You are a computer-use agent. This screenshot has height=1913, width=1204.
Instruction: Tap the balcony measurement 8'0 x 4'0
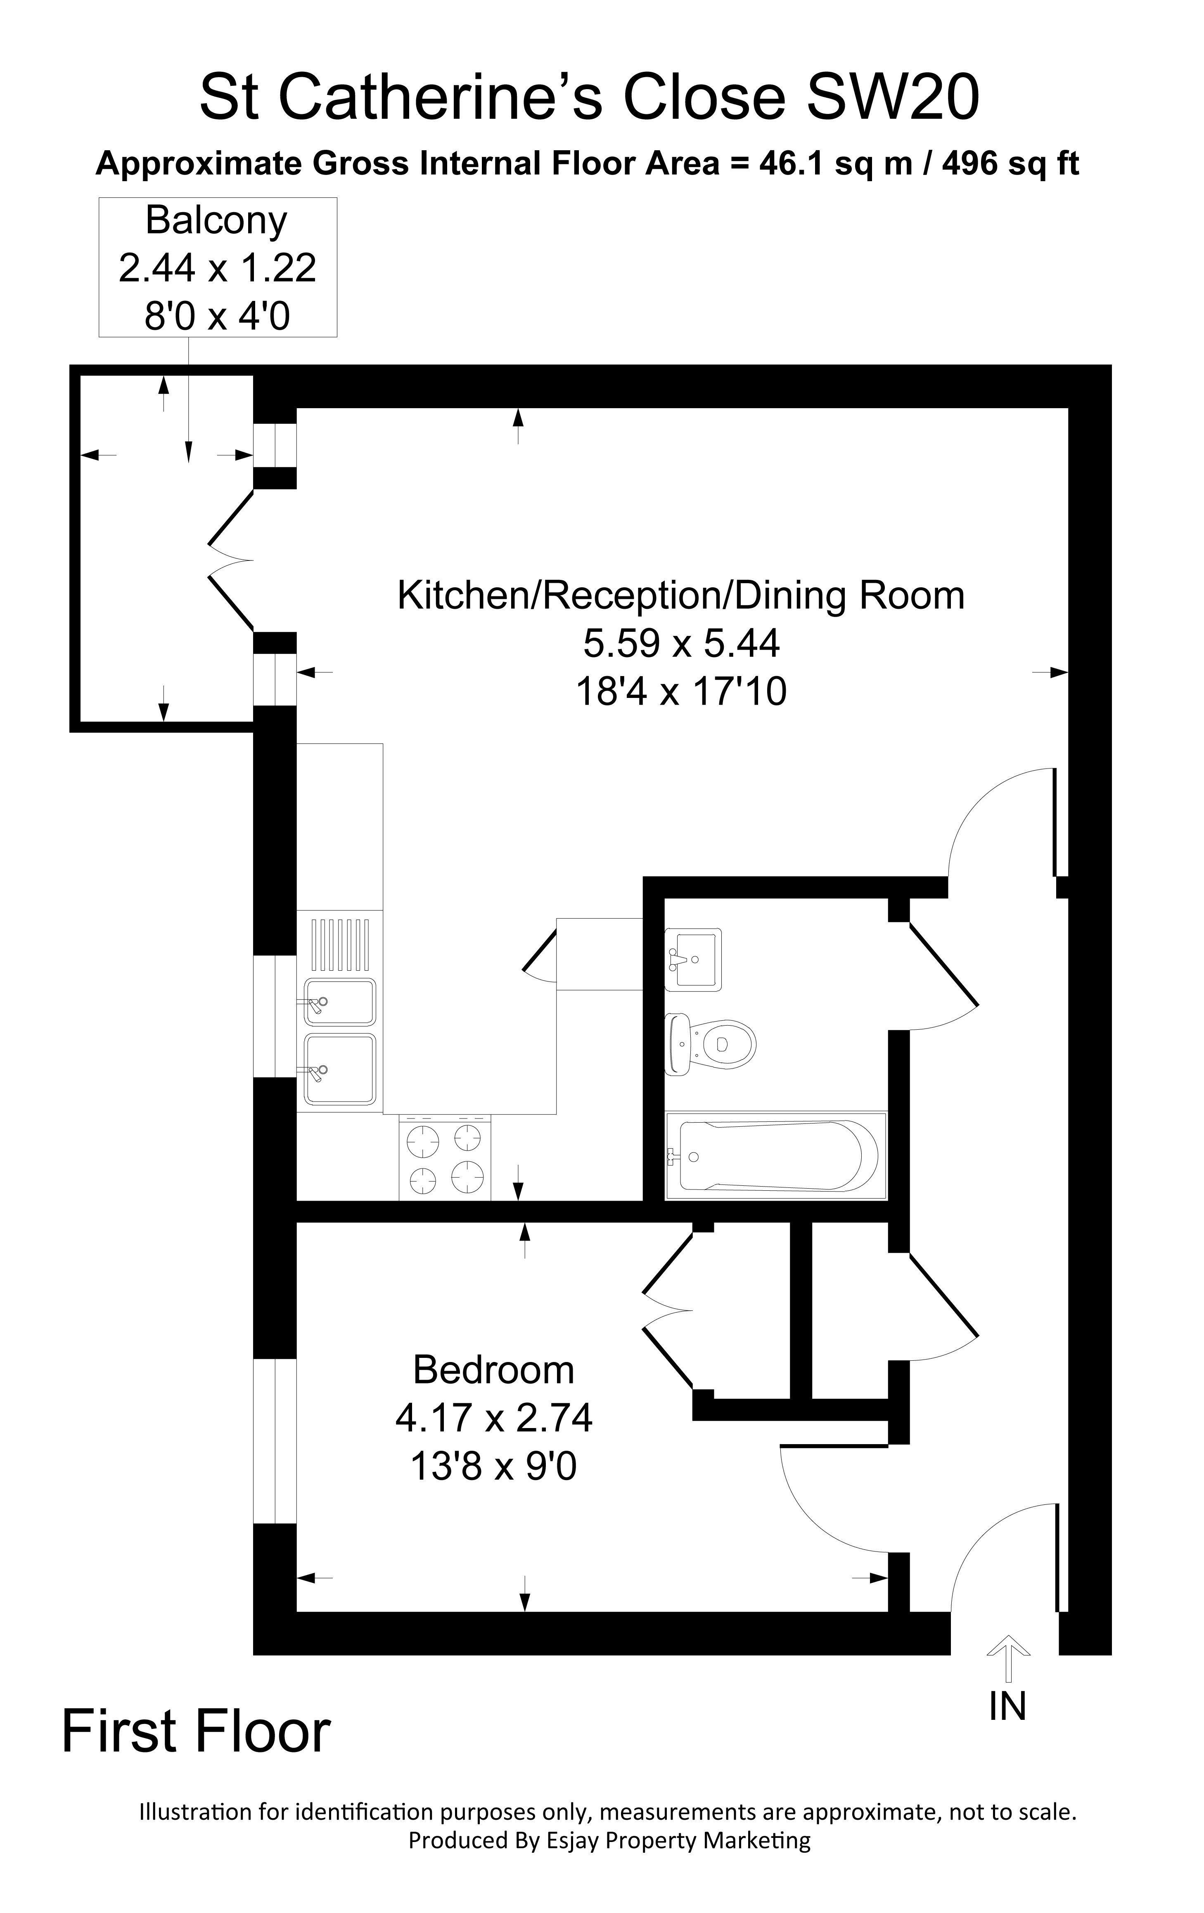[x=216, y=316]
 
